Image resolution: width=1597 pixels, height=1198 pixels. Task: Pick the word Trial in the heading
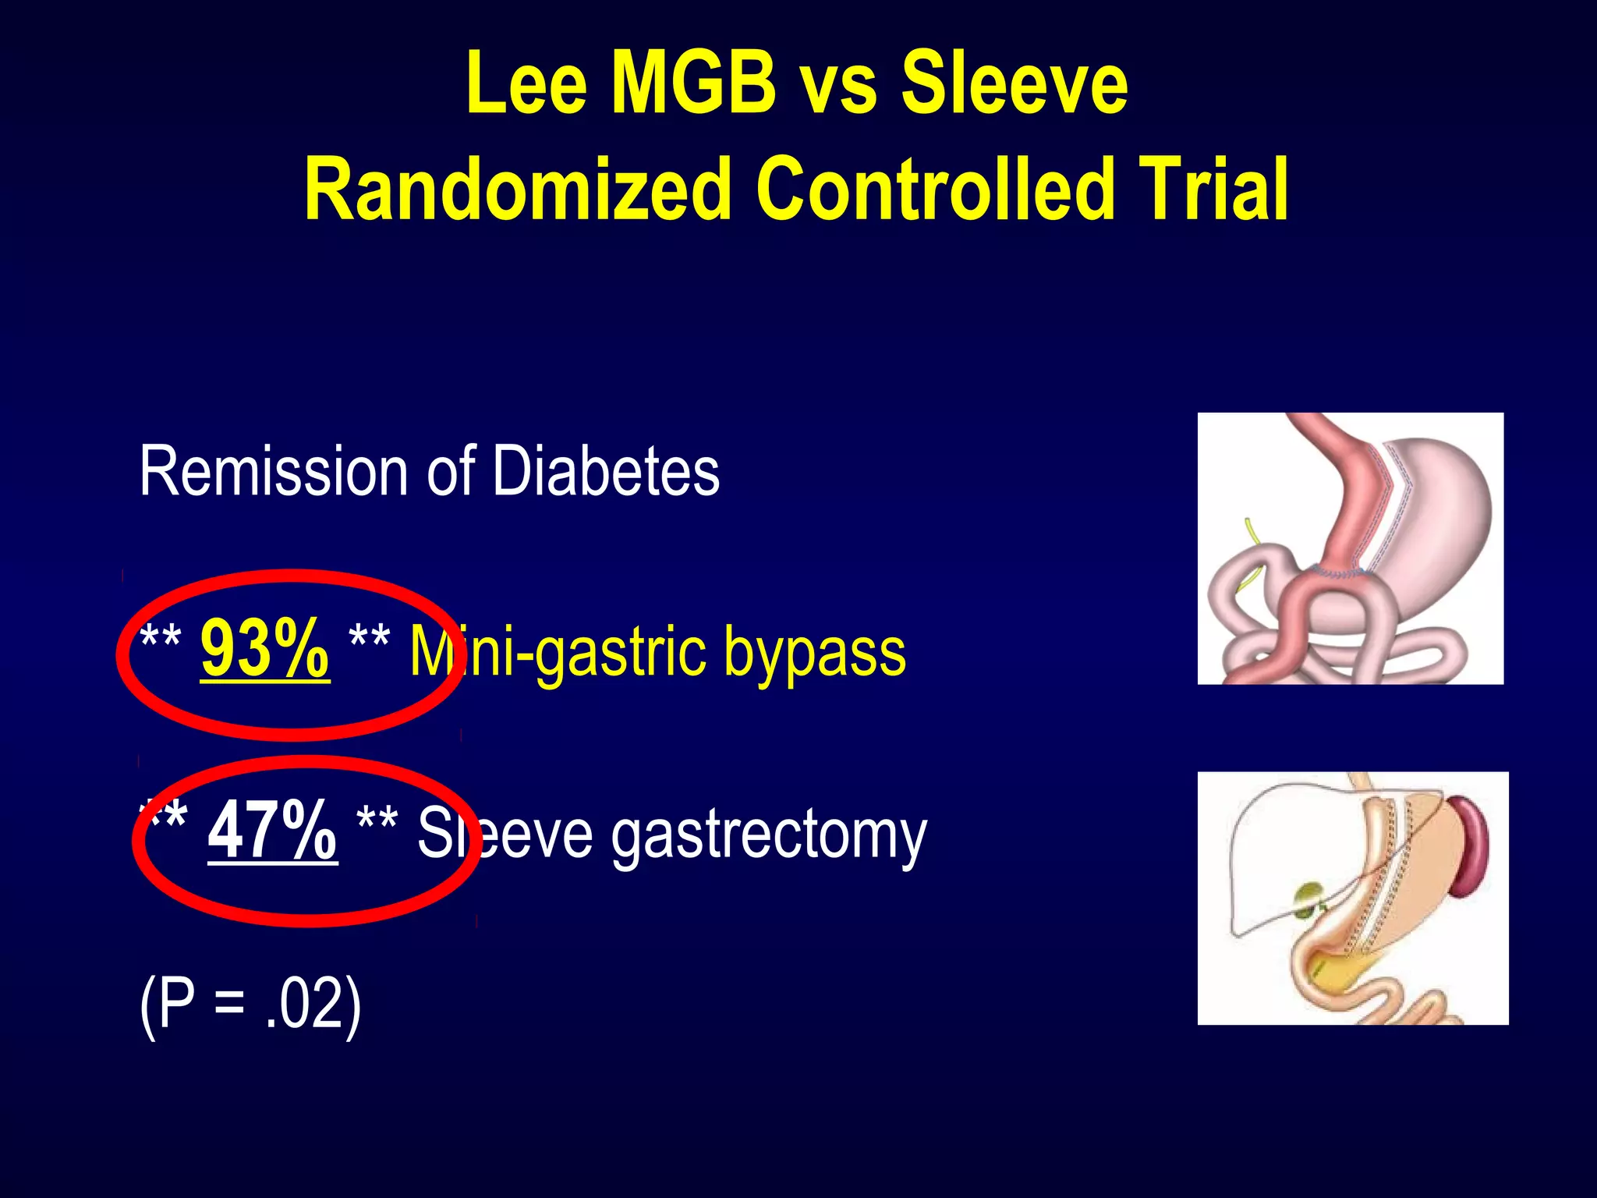1212,190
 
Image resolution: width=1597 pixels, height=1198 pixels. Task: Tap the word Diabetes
606,472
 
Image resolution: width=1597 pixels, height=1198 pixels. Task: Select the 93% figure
264,649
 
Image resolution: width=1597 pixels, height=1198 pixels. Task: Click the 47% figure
272,831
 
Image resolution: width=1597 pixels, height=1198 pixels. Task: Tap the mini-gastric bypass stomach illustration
1350,548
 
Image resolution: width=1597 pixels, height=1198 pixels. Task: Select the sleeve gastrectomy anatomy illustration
1352,898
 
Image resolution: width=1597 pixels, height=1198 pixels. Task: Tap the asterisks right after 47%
377,821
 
